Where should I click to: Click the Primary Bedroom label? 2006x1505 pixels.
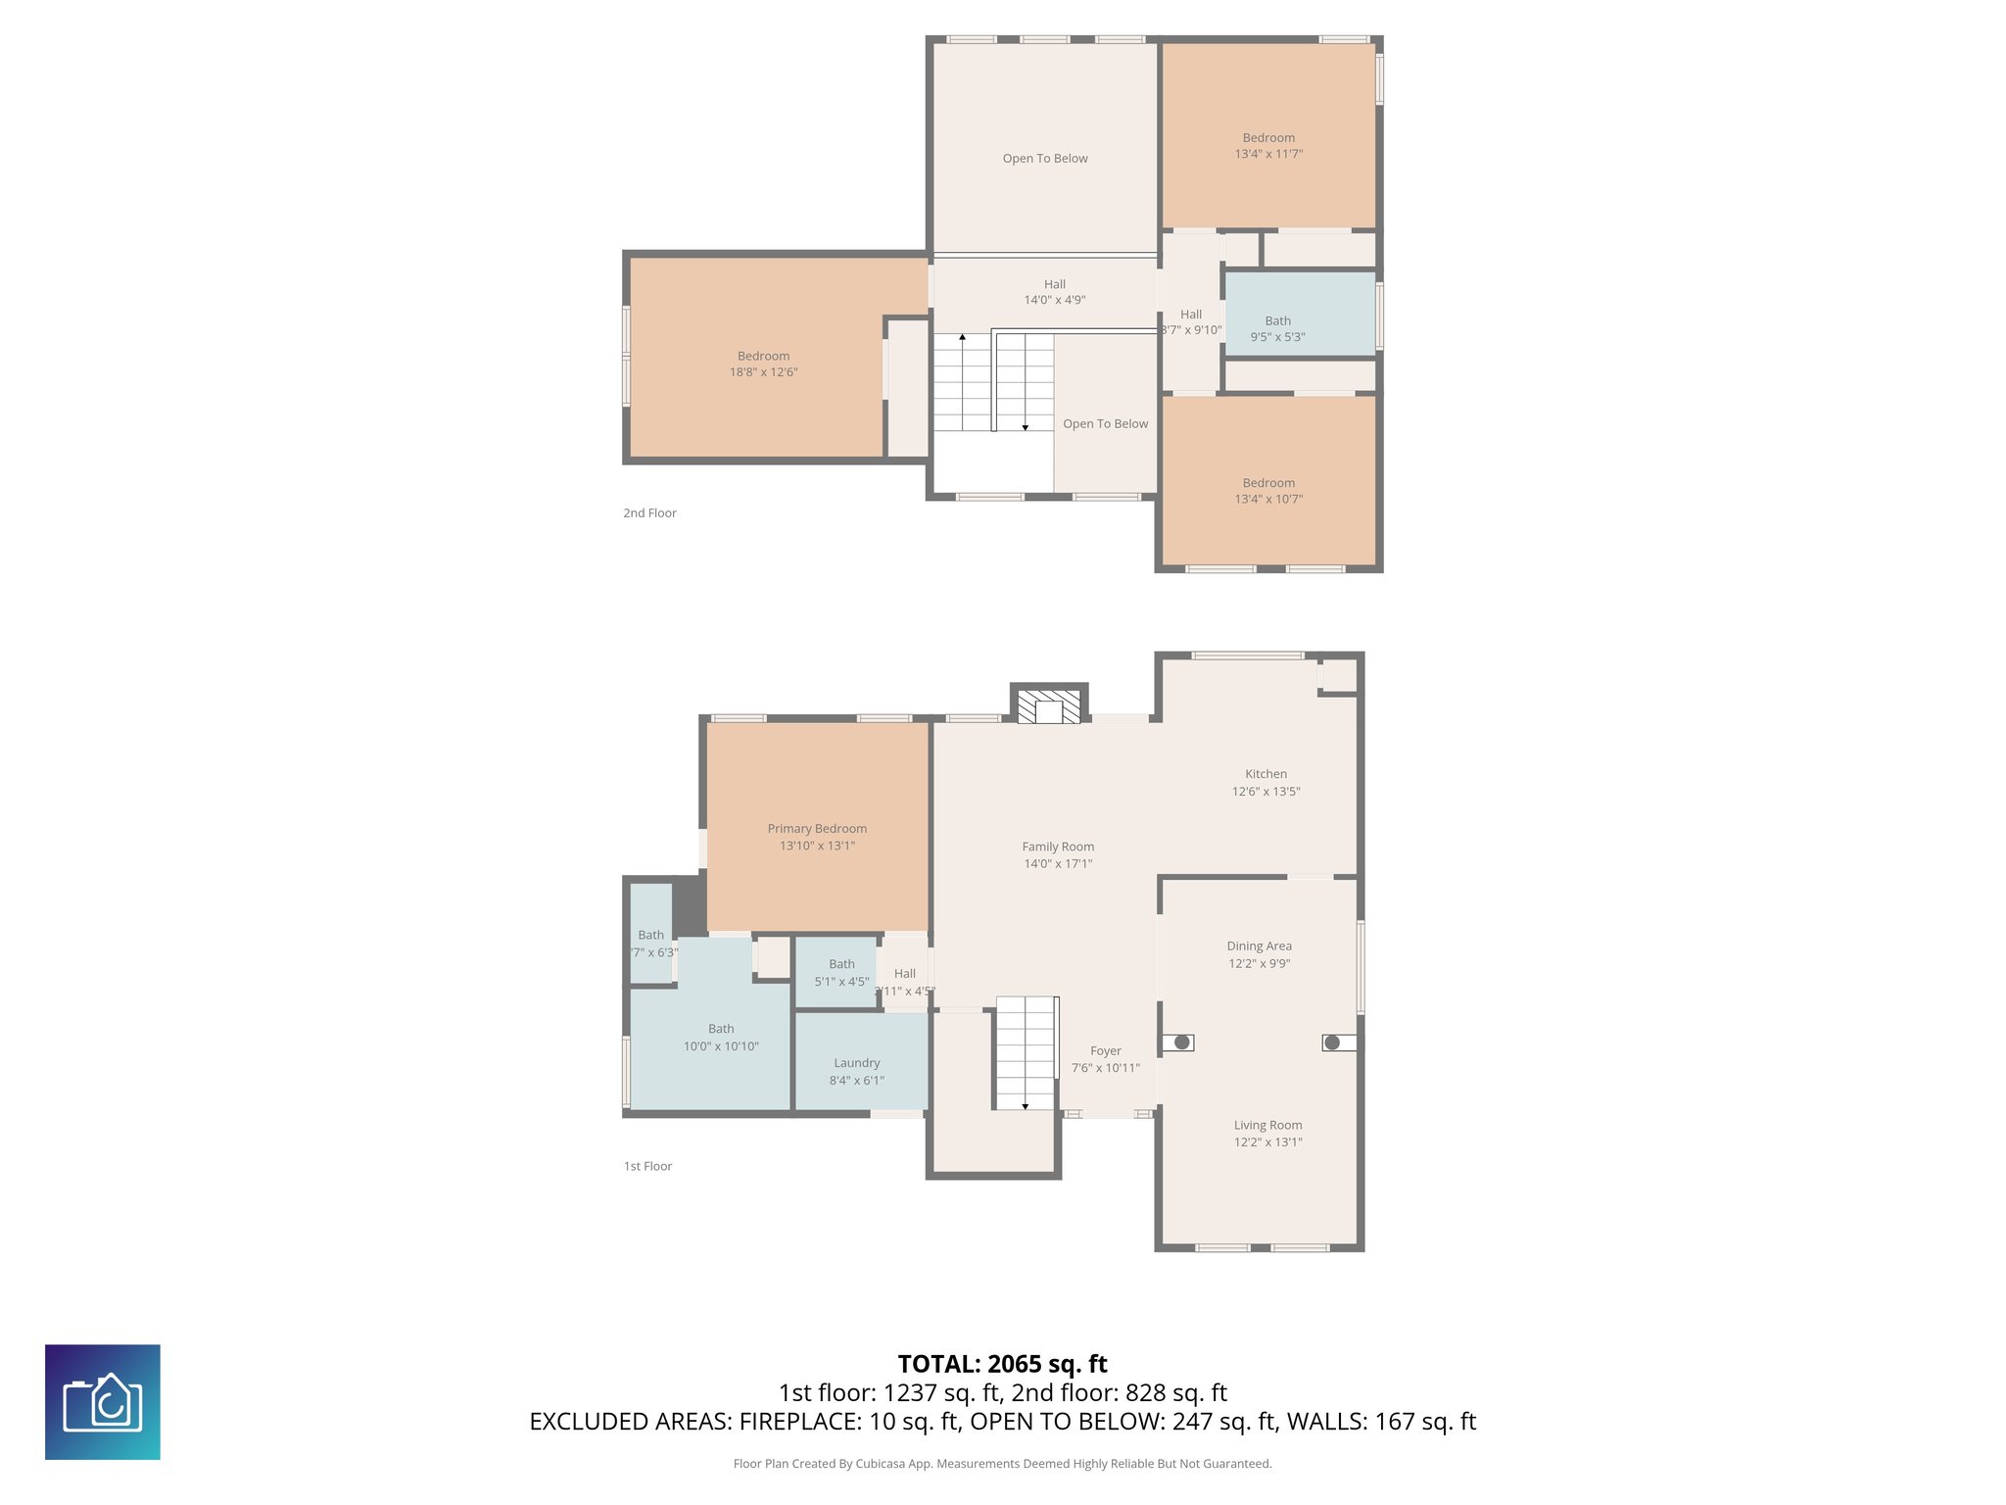[817, 829]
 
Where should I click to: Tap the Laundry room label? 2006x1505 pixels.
[856, 1063]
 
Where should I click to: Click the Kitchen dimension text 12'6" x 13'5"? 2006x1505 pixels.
[1266, 792]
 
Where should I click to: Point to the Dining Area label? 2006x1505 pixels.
[1259, 947]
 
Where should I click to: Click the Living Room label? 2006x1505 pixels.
[1267, 1126]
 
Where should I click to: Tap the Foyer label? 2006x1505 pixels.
[1105, 1051]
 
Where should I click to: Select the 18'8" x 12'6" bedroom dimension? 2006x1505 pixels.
[763, 372]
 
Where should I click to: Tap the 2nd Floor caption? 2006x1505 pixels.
[649, 513]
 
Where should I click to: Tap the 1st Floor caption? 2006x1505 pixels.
[647, 1166]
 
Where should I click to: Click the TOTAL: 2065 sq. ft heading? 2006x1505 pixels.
[1002, 1364]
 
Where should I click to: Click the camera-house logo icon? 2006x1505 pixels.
[103, 1402]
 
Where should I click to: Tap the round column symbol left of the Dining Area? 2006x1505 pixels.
[1182, 1043]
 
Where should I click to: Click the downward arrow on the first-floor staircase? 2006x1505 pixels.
[1026, 1105]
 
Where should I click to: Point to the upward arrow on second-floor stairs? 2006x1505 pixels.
[962, 338]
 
